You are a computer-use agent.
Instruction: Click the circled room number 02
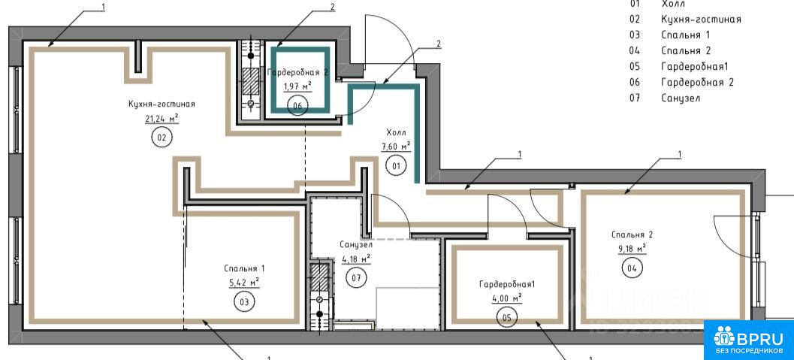click(x=162, y=137)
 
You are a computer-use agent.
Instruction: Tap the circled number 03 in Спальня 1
click(x=243, y=301)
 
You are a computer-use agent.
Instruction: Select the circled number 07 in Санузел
click(x=356, y=277)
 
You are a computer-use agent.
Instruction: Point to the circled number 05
click(x=507, y=316)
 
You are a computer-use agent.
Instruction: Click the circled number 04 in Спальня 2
click(x=631, y=267)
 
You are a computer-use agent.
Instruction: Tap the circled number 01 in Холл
click(x=395, y=164)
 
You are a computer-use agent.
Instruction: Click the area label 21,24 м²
click(x=162, y=118)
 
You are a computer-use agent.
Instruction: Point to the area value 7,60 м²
click(x=395, y=146)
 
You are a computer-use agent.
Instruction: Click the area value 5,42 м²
click(x=243, y=283)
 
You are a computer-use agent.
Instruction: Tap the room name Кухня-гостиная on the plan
click(x=162, y=104)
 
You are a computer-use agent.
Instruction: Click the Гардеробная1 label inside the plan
click(x=506, y=284)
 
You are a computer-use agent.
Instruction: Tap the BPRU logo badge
click(x=748, y=340)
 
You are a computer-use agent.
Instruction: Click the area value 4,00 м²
click(x=506, y=298)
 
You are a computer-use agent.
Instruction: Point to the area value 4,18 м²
click(x=356, y=260)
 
